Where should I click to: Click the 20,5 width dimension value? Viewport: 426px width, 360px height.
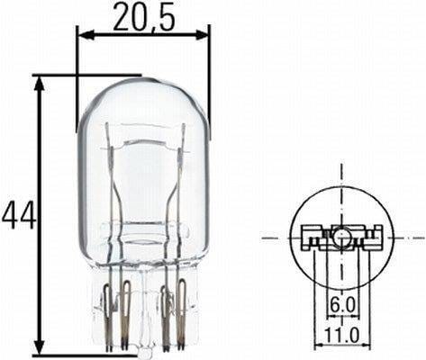[x=143, y=15]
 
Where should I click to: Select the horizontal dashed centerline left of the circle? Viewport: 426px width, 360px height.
[x=275, y=238]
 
